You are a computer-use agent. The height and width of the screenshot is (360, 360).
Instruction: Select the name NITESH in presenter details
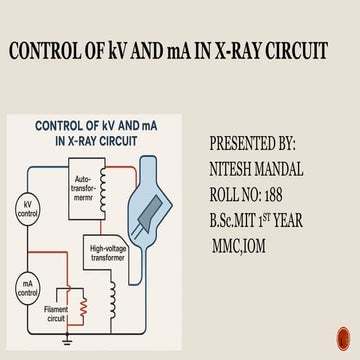(236, 169)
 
